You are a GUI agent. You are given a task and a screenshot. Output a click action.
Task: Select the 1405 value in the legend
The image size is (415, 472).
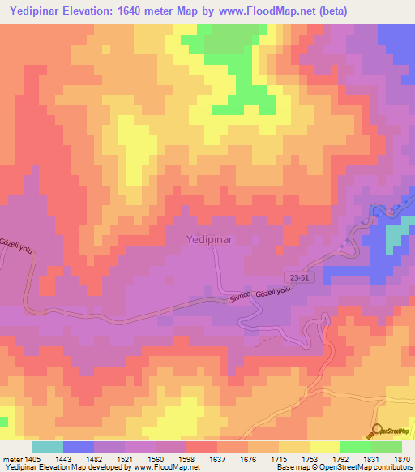point(25,458)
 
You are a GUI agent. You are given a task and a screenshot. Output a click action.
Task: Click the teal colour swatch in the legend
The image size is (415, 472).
point(47,447)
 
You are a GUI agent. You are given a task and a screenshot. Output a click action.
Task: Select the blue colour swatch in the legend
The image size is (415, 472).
point(78,447)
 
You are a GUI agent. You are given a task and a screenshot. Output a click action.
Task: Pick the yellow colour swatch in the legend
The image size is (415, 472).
point(324,447)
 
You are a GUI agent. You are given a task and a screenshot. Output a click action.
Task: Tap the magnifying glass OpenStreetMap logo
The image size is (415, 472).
point(378,431)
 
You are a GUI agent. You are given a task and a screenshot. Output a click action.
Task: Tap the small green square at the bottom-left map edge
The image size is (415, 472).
point(3,422)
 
